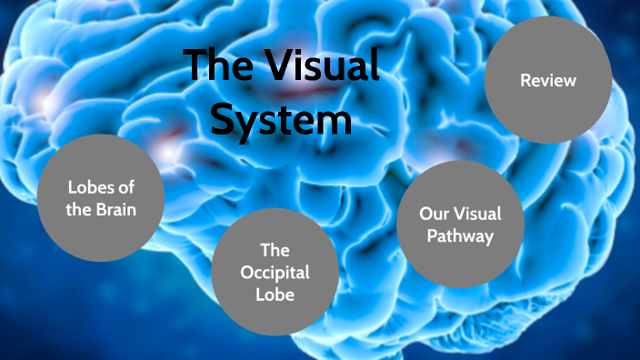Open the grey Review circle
pyautogui.click(x=547, y=80)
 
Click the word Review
pyautogui.click(x=547, y=81)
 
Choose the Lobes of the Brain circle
pyautogui.click(x=101, y=197)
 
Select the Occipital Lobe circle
pyautogui.click(x=273, y=272)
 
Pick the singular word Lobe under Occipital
pyautogui.click(x=274, y=295)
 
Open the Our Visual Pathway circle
pyautogui.click(x=461, y=225)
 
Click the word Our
pyautogui.click(x=433, y=215)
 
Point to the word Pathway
pyautogui.click(x=462, y=236)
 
